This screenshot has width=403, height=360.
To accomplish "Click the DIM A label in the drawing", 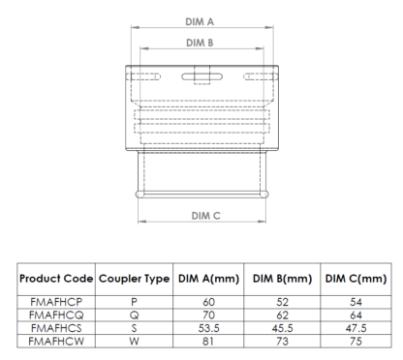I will point(200,20).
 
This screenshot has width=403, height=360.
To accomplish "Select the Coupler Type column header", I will point(136,280).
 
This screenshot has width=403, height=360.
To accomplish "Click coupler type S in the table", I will point(136,328).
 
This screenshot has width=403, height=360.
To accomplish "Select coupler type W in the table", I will point(136,340).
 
